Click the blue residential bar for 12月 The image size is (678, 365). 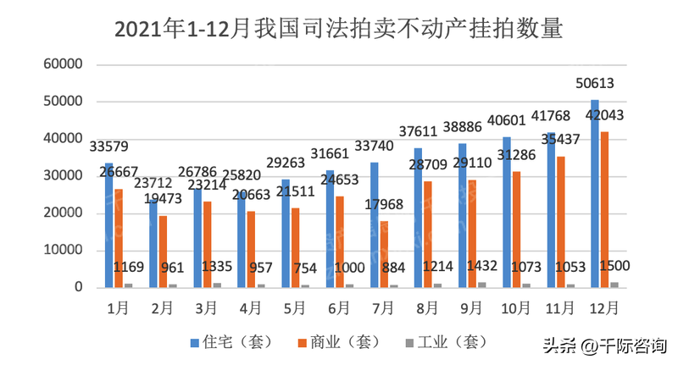tap(593, 195)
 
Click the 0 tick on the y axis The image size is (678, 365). tap(77, 288)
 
